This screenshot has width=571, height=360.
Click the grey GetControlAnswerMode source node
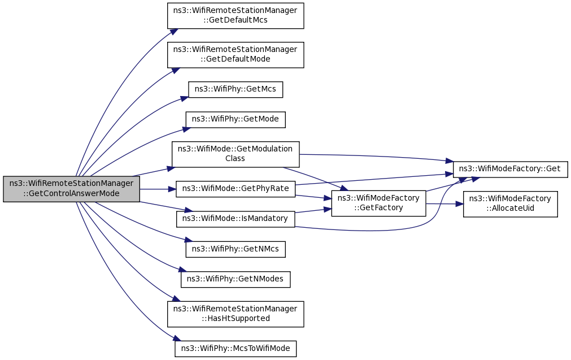click(x=71, y=189)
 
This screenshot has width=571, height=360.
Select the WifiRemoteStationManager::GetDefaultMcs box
click(x=236, y=16)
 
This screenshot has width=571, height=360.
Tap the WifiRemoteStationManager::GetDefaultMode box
click(x=236, y=55)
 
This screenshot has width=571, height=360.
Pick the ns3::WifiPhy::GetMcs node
click(x=236, y=90)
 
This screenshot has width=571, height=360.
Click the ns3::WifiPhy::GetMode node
click(x=236, y=119)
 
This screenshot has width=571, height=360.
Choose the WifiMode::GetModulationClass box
click(x=236, y=154)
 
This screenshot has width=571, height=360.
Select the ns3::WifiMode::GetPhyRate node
click(x=236, y=189)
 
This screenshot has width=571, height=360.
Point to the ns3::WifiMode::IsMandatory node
click(x=236, y=219)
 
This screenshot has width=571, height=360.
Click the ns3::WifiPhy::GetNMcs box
click(x=236, y=249)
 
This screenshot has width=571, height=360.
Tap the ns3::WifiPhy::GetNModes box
click(x=236, y=279)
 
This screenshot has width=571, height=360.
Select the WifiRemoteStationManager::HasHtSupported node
click(x=236, y=314)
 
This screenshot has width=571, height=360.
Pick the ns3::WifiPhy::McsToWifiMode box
click(x=236, y=349)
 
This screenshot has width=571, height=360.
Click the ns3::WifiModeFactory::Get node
click(x=510, y=169)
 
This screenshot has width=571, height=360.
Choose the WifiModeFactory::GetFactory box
click(x=378, y=203)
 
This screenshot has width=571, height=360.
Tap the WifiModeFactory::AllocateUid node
click(x=510, y=203)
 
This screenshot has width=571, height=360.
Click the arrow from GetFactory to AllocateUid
click(x=444, y=203)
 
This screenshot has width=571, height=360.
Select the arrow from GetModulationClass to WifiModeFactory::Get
click(x=376, y=157)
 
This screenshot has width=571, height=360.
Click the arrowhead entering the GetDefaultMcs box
click(x=173, y=32)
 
